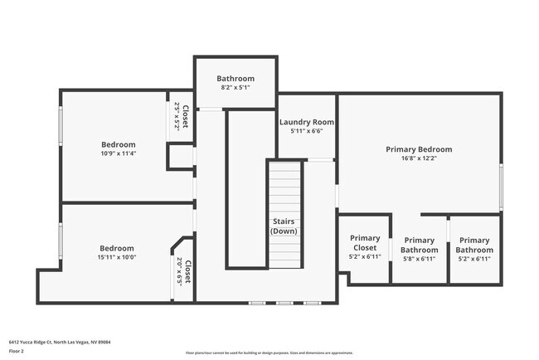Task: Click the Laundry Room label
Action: click(306, 122)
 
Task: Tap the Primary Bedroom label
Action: click(419, 149)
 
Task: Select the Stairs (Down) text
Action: click(284, 226)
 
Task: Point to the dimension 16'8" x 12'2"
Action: click(419, 159)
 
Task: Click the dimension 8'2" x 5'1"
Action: click(236, 88)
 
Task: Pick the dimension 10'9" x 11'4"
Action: click(118, 153)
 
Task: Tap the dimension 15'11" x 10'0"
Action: click(117, 257)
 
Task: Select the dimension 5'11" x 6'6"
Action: click(306, 131)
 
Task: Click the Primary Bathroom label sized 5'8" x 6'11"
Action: click(419, 245)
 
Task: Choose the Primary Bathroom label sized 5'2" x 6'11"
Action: click(474, 245)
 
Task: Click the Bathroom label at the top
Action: click(236, 79)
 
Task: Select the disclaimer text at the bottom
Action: click(269, 353)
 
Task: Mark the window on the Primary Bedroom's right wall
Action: click(501, 187)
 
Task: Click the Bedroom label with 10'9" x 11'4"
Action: click(118, 144)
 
